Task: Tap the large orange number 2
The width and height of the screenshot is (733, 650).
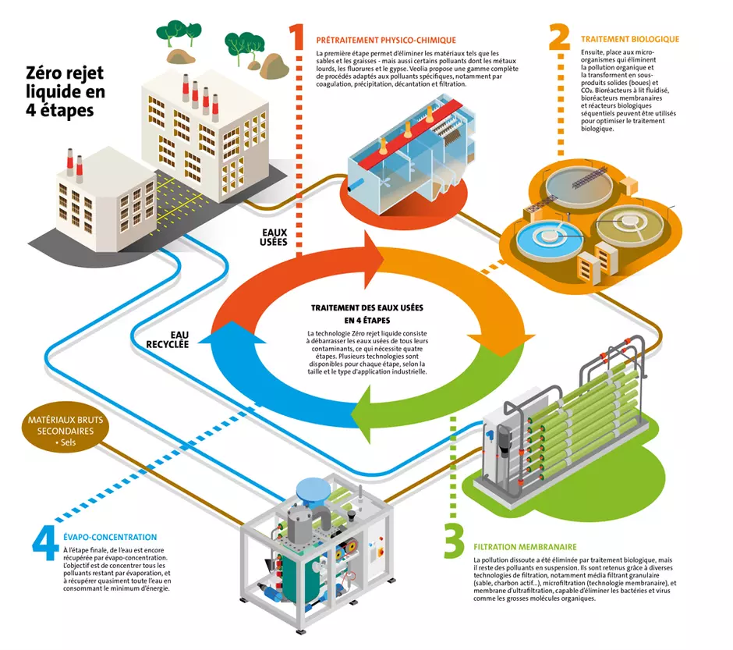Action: [x=560, y=37]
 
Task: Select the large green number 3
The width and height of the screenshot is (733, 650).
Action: [x=454, y=541]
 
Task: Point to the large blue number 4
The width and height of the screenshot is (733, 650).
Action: [x=46, y=543]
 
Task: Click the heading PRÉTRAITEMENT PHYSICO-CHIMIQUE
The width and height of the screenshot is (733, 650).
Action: [x=386, y=41]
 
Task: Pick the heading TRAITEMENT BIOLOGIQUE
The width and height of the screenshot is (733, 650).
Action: [x=630, y=39]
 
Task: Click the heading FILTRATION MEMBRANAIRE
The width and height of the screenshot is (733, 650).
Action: [x=525, y=547]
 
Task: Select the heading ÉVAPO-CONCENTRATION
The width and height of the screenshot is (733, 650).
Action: [x=110, y=538]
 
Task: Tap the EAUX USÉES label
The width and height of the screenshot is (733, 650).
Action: [x=274, y=237]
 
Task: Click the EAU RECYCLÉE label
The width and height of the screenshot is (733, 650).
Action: [x=168, y=339]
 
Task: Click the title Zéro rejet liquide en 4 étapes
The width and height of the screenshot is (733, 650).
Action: [x=65, y=91]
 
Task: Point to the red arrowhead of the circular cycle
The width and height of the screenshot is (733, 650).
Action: [x=374, y=260]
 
